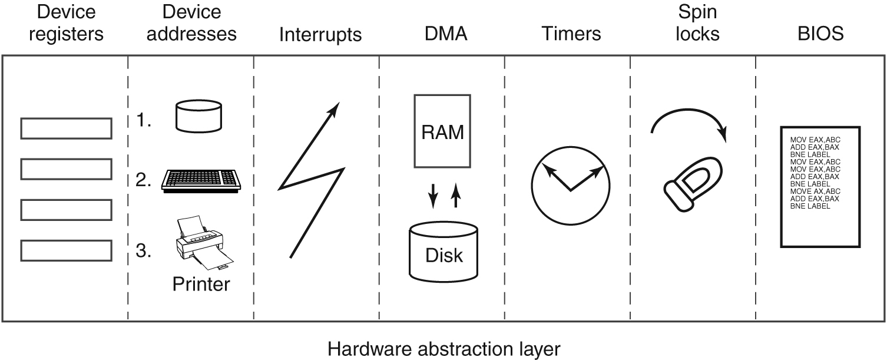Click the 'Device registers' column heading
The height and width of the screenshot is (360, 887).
pyautogui.click(x=66, y=24)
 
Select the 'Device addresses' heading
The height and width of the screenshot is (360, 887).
pyautogui.click(x=191, y=24)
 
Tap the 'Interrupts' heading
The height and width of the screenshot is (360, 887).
pyautogui.click(x=320, y=35)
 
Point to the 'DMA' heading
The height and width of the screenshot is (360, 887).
pyautogui.click(x=446, y=34)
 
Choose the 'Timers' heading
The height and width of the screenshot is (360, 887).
pyautogui.click(x=571, y=34)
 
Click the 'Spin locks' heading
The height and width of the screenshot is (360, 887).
pyautogui.click(x=697, y=24)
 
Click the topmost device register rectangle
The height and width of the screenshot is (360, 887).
pyautogui.click(x=66, y=128)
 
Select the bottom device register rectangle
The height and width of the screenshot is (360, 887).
pyautogui.click(x=66, y=250)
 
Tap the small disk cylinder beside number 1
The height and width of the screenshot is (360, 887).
pyautogui.click(x=199, y=115)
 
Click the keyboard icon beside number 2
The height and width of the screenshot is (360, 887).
pyautogui.click(x=200, y=180)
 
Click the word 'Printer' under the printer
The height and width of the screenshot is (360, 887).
pyautogui.click(x=201, y=285)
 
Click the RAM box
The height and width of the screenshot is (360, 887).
pyautogui.click(x=443, y=131)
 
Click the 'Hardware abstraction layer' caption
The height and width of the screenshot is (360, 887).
pyautogui.click(x=443, y=349)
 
